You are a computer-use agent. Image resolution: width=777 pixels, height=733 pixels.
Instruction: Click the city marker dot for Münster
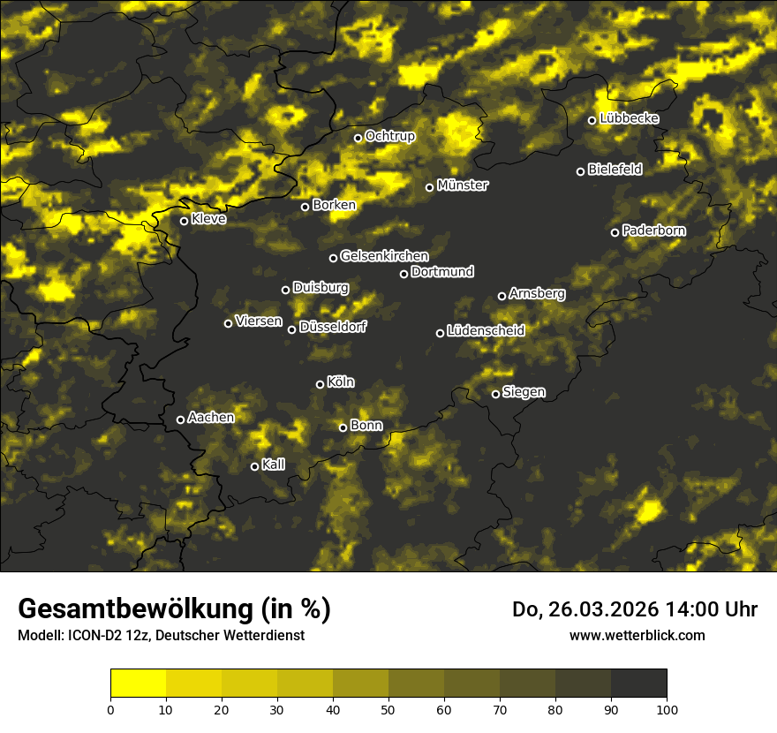tap(430, 187)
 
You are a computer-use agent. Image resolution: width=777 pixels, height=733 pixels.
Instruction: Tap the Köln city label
tap(341, 382)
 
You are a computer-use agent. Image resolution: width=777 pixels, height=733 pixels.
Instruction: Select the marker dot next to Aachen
tap(181, 419)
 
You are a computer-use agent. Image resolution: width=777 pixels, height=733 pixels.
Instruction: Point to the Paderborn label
tap(654, 230)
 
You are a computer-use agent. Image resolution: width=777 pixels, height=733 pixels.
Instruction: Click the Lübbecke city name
tap(629, 118)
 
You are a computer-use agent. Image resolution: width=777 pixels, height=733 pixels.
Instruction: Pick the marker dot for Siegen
tap(495, 394)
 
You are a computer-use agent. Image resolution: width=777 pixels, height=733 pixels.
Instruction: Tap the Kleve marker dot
tap(185, 221)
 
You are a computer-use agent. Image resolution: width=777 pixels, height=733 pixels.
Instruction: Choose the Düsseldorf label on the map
tap(333, 327)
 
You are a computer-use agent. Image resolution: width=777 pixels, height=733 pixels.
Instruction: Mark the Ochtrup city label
tap(389, 136)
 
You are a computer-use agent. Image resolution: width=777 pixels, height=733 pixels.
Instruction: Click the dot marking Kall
tap(255, 466)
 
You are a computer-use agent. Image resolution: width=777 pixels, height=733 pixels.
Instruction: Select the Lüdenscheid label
tap(486, 331)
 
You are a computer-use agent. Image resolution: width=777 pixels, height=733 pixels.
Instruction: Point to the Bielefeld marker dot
tap(581, 171)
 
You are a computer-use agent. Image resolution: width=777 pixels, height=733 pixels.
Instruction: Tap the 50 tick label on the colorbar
tap(388, 708)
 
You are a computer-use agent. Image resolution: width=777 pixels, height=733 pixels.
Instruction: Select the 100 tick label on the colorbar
tap(667, 708)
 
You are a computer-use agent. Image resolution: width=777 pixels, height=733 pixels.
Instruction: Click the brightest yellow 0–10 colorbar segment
tap(138, 684)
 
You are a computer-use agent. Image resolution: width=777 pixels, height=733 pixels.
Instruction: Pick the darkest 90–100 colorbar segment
tap(638, 684)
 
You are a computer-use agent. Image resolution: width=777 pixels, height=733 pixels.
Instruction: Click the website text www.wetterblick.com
tap(637, 635)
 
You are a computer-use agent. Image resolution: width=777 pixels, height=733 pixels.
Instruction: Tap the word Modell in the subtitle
tap(40, 636)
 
